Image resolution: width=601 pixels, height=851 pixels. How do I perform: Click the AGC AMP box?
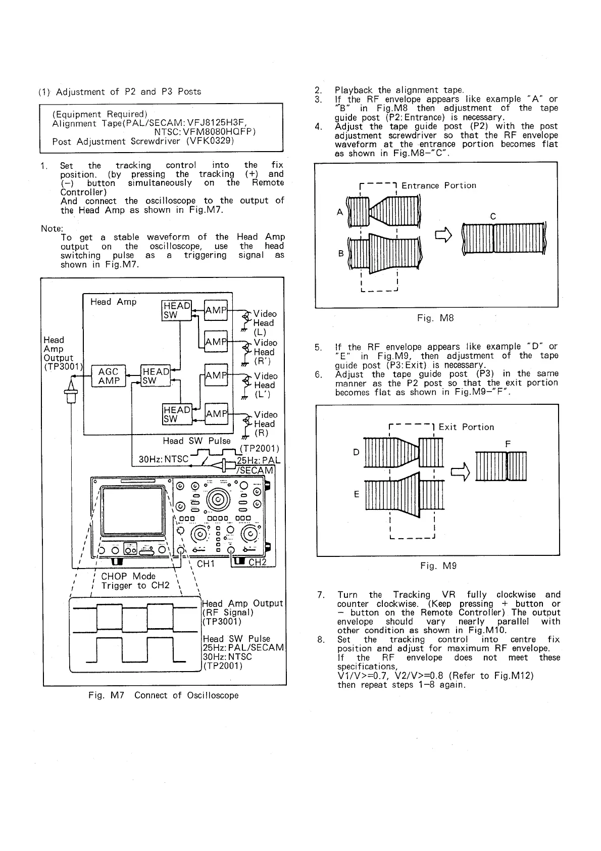(109, 376)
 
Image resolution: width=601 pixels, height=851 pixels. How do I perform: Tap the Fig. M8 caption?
(435, 318)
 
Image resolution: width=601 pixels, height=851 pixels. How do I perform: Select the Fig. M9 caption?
(438, 566)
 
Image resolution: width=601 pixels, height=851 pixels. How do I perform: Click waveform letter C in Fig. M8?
(493, 217)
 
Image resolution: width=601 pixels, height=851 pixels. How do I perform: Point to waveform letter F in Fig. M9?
(508, 444)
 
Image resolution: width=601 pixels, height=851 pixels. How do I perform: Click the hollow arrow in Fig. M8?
(442, 235)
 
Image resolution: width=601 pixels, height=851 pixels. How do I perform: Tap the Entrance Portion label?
(438, 185)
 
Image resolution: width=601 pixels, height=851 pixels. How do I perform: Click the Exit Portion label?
(466, 427)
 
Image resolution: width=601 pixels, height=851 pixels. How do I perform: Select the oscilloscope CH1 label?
(206, 563)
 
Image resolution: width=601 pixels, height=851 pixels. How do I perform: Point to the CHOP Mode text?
(128, 576)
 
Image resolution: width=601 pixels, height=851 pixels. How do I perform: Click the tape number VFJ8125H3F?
(209, 123)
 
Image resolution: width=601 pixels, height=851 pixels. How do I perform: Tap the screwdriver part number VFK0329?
(210, 141)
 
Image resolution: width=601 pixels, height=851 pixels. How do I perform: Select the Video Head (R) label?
(264, 424)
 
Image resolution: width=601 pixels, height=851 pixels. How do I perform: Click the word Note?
(51, 228)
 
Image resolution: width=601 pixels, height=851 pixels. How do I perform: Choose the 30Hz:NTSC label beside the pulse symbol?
(163, 459)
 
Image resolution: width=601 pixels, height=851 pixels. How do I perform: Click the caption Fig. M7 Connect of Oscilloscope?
(163, 695)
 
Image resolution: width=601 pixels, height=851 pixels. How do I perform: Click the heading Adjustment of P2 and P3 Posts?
(128, 91)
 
